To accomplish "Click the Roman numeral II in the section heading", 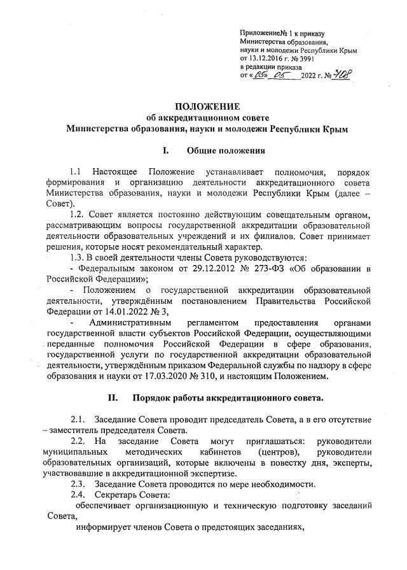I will pyautogui.click(x=113, y=399).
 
